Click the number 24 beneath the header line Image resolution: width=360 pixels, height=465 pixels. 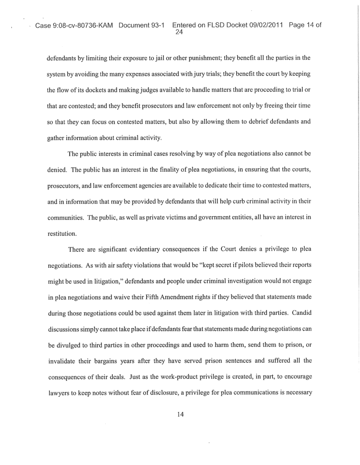pos(179,32)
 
